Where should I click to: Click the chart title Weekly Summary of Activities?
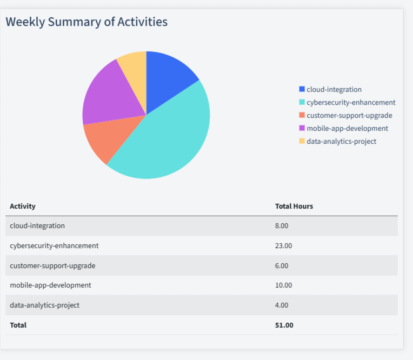tap(86, 22)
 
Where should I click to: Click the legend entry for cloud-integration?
tap(334, 89)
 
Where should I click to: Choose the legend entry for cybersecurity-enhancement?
tap(350, 102)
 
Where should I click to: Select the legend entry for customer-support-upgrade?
tap(349, 115)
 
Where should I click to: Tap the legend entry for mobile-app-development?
tap(347, 128)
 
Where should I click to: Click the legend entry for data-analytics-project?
tap(341, 141)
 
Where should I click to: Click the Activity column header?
tap(23, 206)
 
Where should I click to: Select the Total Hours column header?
tap(294, 206)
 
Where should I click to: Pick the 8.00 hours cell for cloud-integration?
tap(282, 226)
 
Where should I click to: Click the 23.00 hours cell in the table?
tap(283, 246)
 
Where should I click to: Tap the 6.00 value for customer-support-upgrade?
tap(282, 265)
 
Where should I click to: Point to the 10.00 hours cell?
tap(283, 285)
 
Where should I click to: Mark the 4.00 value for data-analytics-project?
tap(282, 305)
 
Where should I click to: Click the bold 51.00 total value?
tap(284, 325)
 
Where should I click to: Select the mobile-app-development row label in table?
tap(50, 285)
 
